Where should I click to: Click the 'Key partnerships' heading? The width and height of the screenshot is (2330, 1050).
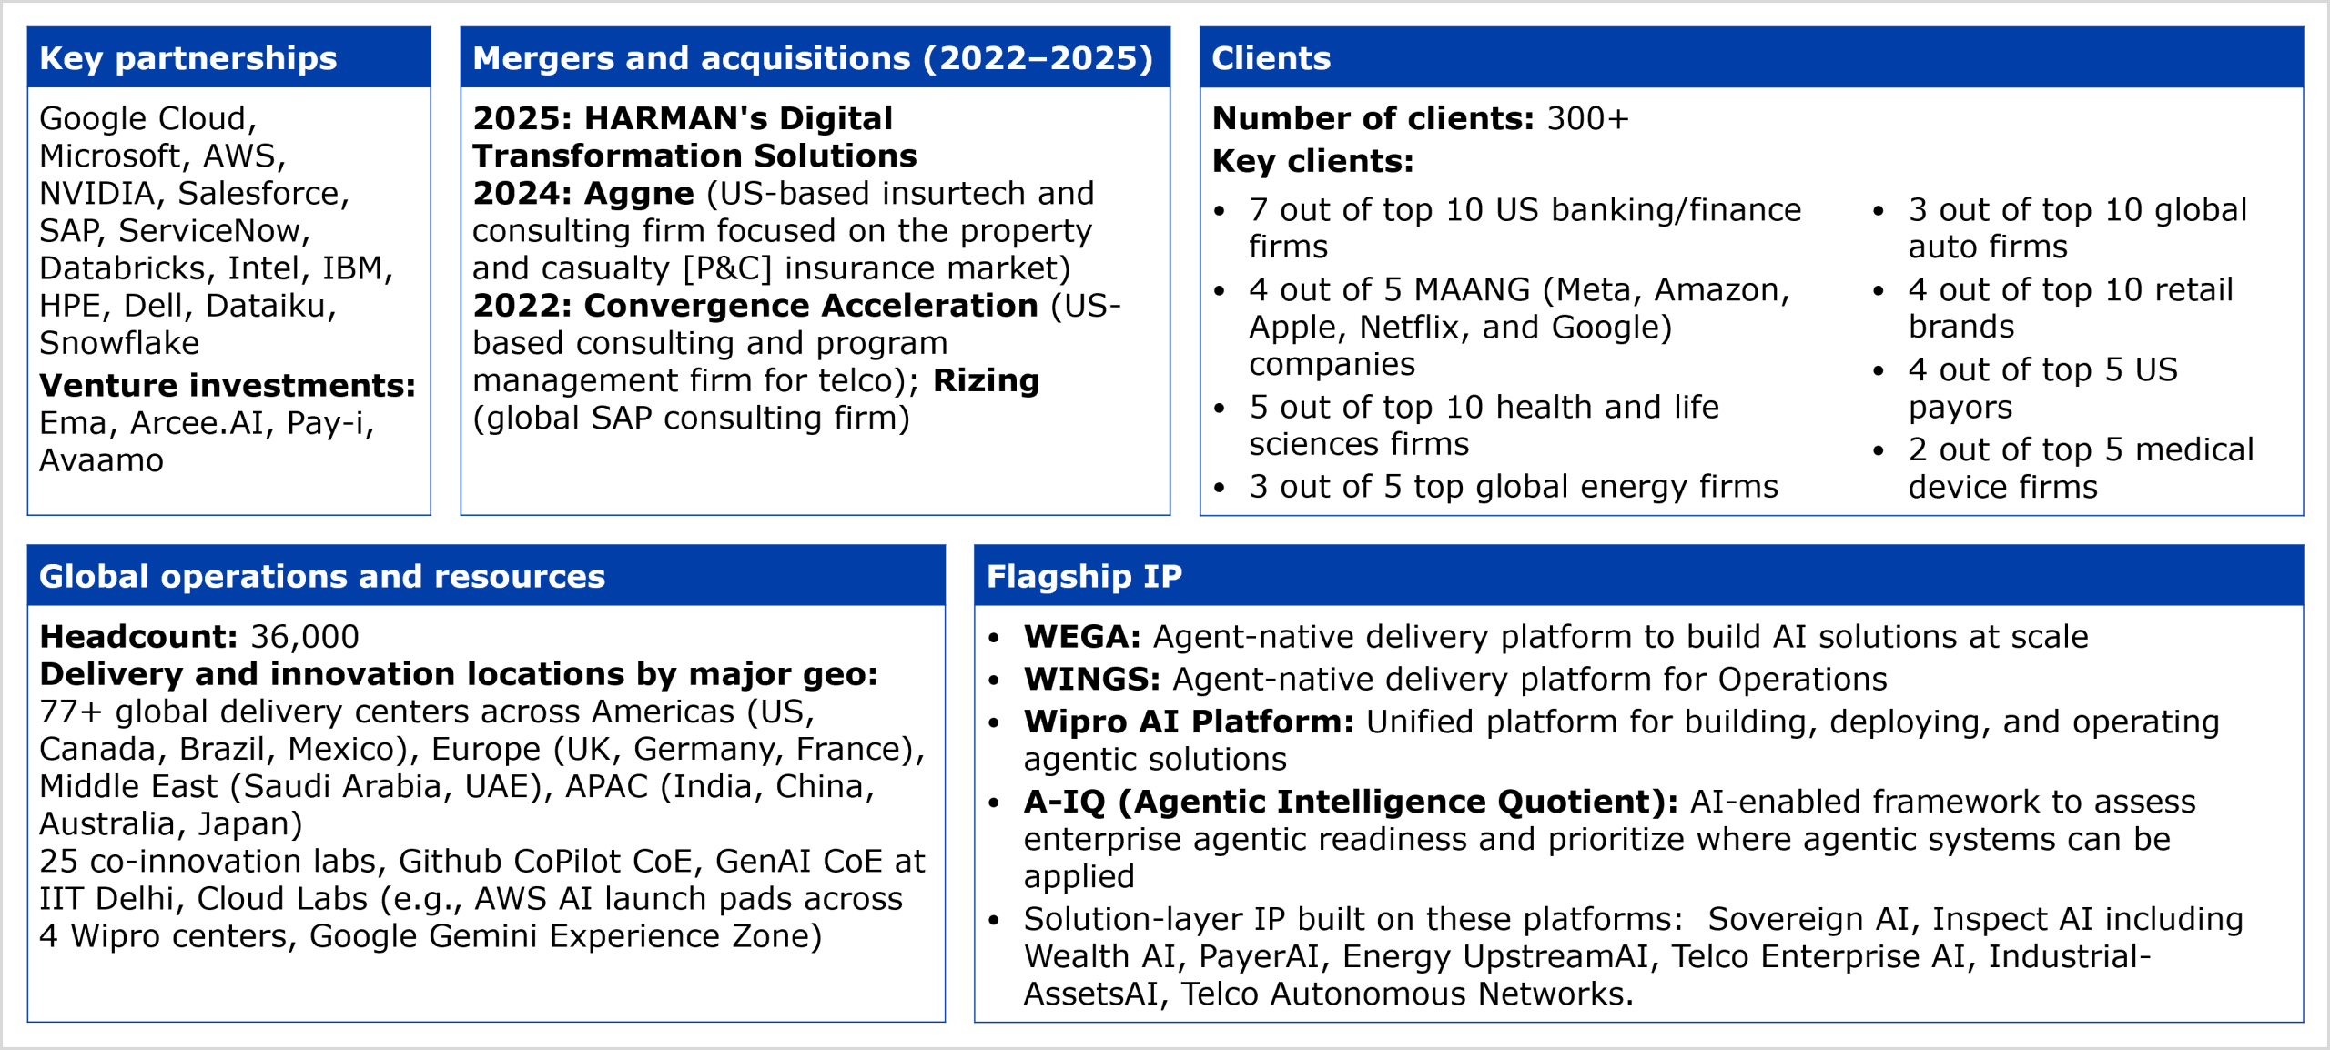[x=188, y=58]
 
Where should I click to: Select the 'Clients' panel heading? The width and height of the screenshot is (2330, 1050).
[x=1271, y=58]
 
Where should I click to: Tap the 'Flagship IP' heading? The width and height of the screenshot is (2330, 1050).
[x=1084, y=577]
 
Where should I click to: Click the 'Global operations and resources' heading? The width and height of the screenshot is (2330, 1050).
[x=322, y=577]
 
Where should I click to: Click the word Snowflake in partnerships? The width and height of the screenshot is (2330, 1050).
[x=119, y=343]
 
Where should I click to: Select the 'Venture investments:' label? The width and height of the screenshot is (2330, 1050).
[x=228, y=386]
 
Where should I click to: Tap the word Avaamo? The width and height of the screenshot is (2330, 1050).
[x=102, y=460]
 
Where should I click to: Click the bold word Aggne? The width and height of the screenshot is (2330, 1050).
[x=639, y=195]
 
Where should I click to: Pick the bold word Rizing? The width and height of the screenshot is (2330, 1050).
[x=987, y=381]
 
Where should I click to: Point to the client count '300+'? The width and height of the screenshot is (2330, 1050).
[x=1588, y=118]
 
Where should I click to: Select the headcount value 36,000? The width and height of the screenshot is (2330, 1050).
[x=305, y=637]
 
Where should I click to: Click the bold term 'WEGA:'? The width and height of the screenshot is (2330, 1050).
[x=1082, y=637]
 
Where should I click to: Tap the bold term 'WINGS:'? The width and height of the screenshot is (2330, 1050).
[x=1092, y=680]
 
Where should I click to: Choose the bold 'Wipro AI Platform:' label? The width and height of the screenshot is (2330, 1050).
[x=1189, y=722]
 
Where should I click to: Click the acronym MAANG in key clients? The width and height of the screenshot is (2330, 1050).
[x=1473, y=289]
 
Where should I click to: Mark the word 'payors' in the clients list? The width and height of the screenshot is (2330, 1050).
[x=1960, y=409]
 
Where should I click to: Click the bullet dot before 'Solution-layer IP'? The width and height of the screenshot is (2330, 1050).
[x=994, y=921]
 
